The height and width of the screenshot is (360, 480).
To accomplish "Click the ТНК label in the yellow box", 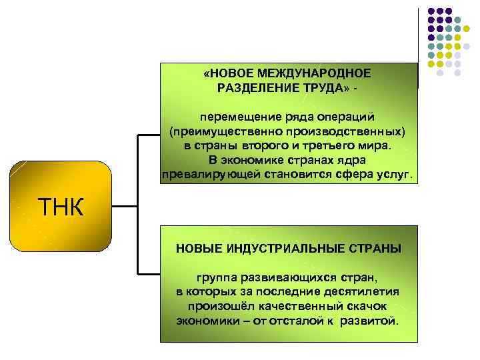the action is click(60, 208).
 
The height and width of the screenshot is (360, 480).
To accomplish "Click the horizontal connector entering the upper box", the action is click(149, 135).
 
